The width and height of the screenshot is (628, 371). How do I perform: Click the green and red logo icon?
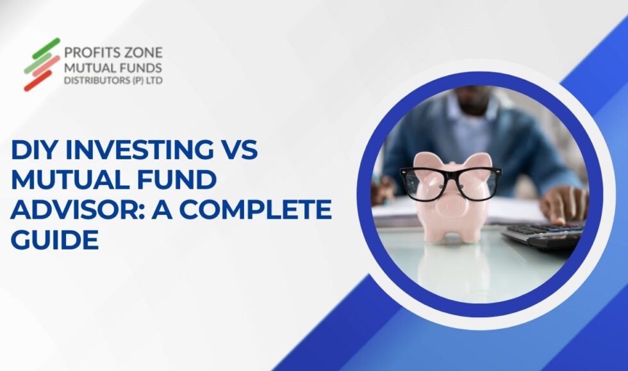[x=42, y=64]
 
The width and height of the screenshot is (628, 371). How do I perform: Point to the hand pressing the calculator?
[x=563, y=205]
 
